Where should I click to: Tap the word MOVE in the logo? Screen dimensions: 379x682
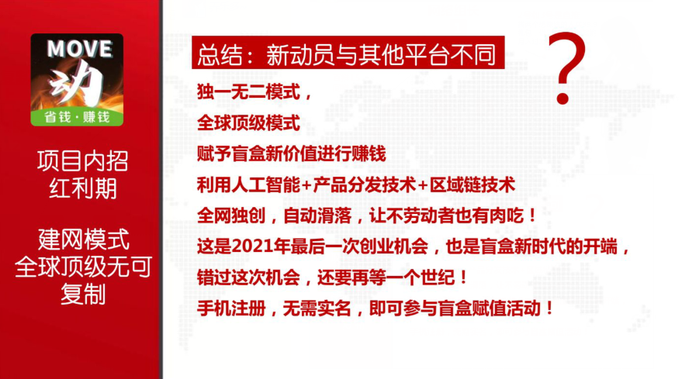point(80,48)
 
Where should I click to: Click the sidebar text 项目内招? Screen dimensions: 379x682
point(83,161)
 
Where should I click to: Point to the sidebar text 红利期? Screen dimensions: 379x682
point(83,189)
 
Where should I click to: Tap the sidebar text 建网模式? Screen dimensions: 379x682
point(83,237)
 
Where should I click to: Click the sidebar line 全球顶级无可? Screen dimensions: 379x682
point(83,266)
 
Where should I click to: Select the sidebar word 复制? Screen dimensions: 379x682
point(83,295)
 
